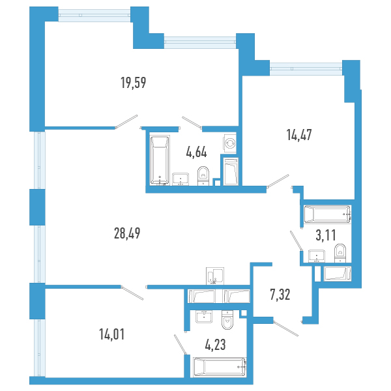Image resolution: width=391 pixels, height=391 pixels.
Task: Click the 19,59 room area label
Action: coord(134,83)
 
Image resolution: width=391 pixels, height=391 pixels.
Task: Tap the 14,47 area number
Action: coord(299,135)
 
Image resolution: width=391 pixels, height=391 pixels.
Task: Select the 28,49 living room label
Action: coord(127,233)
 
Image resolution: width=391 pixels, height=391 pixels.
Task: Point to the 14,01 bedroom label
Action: coord(111,334)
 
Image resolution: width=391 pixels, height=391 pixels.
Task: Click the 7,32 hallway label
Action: coord(280,295)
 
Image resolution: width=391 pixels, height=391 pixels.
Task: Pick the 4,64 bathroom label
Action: coord(197,152)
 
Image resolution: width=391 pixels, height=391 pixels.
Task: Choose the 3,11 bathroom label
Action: coord(326,235)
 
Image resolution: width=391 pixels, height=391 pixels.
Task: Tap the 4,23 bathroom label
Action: coord(216,345)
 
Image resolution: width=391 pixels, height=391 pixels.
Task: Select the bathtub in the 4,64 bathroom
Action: coord(160,160)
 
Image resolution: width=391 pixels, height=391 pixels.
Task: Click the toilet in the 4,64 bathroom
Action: coord(203,176)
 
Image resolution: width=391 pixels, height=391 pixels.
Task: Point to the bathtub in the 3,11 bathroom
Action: coord(327,214)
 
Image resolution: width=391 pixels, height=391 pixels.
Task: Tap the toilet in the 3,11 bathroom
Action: coord(340,253)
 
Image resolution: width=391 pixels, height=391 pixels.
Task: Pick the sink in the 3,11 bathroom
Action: coord(317,256)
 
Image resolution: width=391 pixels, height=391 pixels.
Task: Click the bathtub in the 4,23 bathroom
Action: coord(220,367)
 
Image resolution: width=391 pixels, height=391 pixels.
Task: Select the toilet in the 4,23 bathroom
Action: coord(227,320)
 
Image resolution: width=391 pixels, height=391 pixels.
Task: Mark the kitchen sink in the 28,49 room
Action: coord(215,276)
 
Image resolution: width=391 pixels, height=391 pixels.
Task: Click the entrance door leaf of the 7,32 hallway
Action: coord(286,329)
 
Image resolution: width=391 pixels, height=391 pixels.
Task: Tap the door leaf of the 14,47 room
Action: coord(278,181)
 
